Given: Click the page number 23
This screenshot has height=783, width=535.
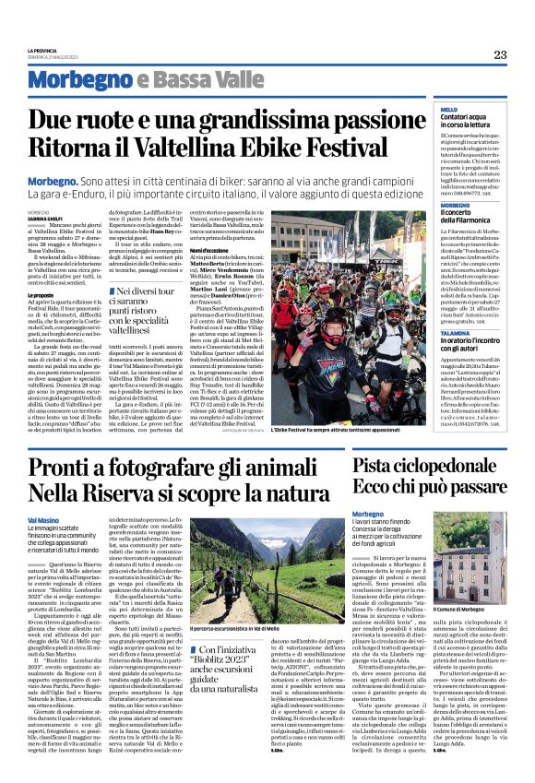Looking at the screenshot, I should pos(499,53).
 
